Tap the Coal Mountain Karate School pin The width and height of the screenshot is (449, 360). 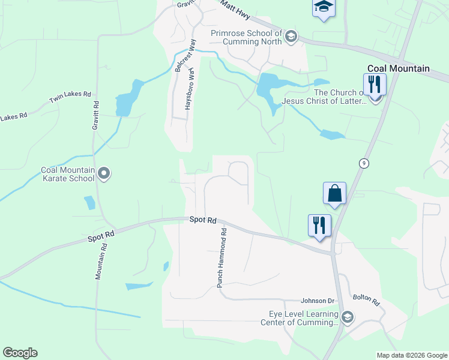coord(104,174)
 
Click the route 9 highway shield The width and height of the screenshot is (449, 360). coord(364,163)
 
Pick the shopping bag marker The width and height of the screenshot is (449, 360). coord(334,194)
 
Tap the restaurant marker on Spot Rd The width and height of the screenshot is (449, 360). coord(319,226)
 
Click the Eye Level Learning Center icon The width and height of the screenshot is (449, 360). coord(347,317)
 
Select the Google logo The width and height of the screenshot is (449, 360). coord(20,353)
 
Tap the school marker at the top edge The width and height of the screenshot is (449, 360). coord(324,8)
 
